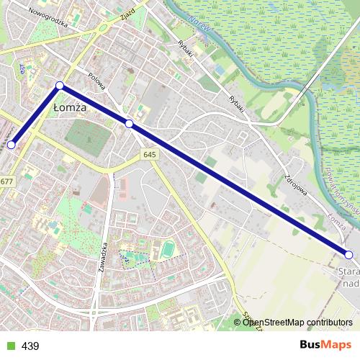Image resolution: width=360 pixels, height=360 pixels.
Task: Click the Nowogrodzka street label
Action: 49,17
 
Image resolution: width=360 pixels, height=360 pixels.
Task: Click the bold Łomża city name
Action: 70,107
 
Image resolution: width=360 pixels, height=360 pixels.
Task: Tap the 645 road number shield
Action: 150,155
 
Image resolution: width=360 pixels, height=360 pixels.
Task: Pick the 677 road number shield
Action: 6,181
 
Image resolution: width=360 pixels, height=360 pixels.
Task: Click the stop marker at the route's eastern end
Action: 348,254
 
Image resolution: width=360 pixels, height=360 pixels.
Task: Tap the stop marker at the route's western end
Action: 11,145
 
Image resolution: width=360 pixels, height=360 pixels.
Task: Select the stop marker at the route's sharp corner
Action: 60,86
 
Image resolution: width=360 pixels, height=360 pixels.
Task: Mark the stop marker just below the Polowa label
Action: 129,124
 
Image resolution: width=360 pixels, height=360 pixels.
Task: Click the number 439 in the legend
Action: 30,346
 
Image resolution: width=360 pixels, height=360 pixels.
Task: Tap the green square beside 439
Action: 10,346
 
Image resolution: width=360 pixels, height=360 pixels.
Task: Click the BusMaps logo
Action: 325,346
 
